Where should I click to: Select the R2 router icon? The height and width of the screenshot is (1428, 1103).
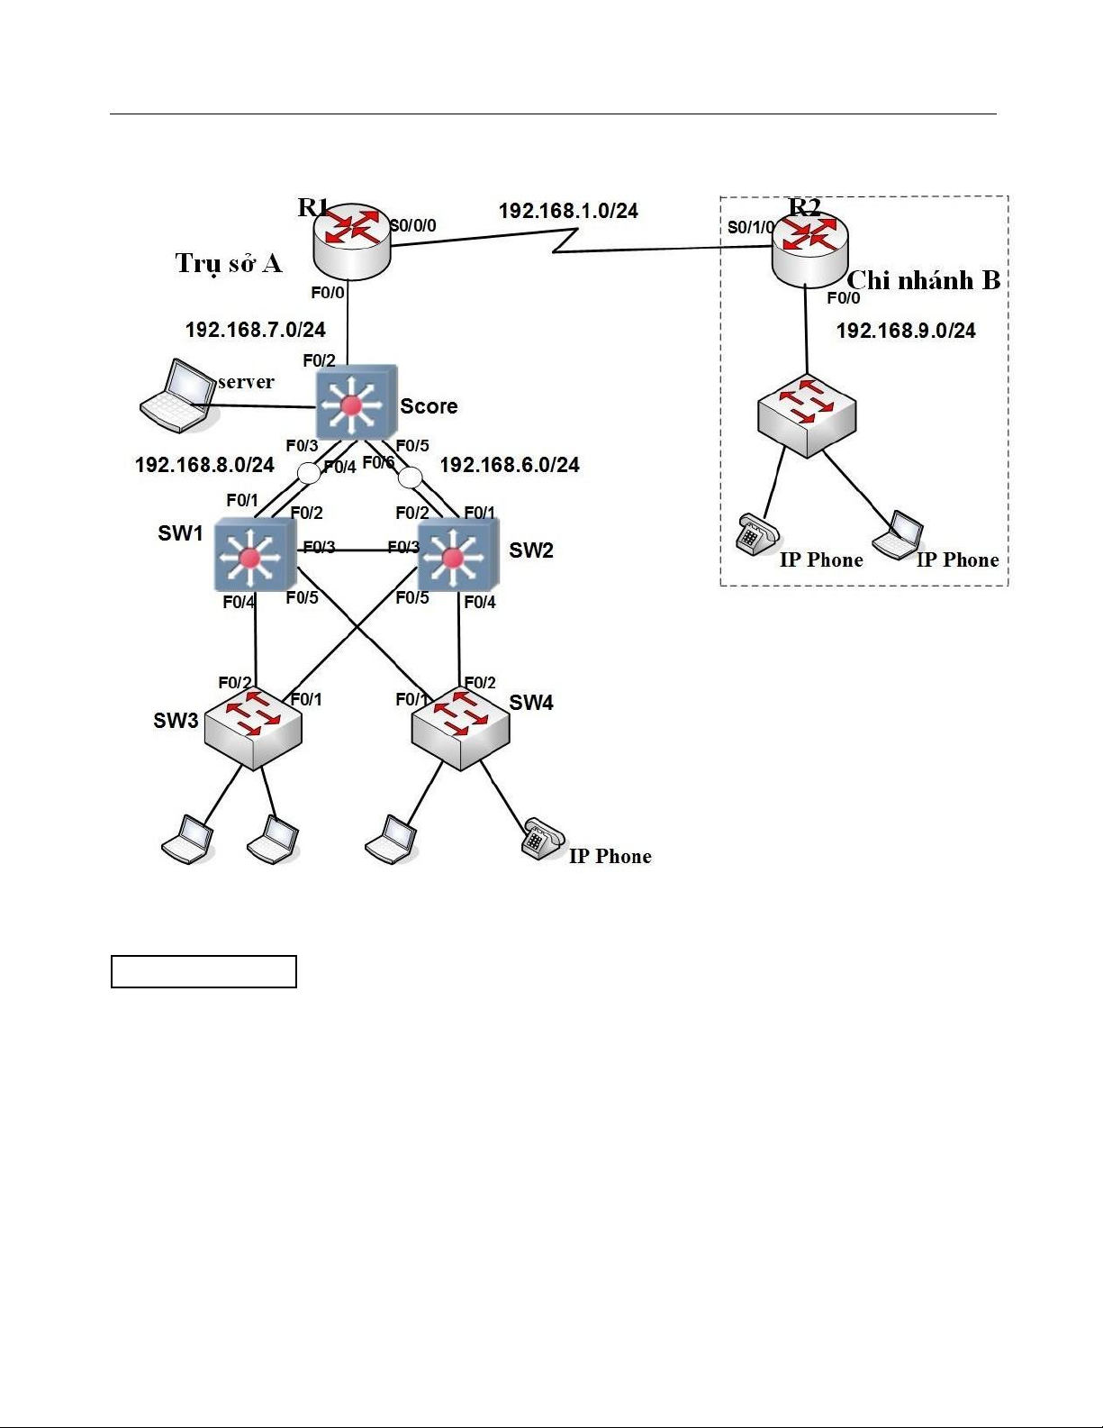pos(809,250)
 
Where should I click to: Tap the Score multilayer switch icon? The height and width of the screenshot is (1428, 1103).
pos(356,403)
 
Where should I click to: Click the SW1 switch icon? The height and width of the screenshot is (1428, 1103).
pos(254,555)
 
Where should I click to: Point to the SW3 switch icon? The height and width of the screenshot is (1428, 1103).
pos(253,725)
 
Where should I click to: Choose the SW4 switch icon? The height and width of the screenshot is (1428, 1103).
pos(460,727)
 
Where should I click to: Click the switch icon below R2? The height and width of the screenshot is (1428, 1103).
pos(806,415)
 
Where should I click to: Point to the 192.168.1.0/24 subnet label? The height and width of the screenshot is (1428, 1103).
pos(568,211)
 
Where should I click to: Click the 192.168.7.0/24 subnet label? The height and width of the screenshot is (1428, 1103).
pos(255,330)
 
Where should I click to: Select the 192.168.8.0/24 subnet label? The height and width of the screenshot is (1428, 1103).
pos(204,465)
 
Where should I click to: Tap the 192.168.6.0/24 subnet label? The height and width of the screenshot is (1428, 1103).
pos(510,465)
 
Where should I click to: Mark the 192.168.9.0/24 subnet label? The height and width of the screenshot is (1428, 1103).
pos(906,331)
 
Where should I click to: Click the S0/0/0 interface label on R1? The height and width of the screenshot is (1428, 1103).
pos(413,225)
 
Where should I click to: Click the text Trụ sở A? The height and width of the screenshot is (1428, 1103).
pos(229,263)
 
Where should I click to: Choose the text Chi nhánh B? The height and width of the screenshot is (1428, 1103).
pos(924,280)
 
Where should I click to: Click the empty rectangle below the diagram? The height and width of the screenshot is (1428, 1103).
pos(203,971)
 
